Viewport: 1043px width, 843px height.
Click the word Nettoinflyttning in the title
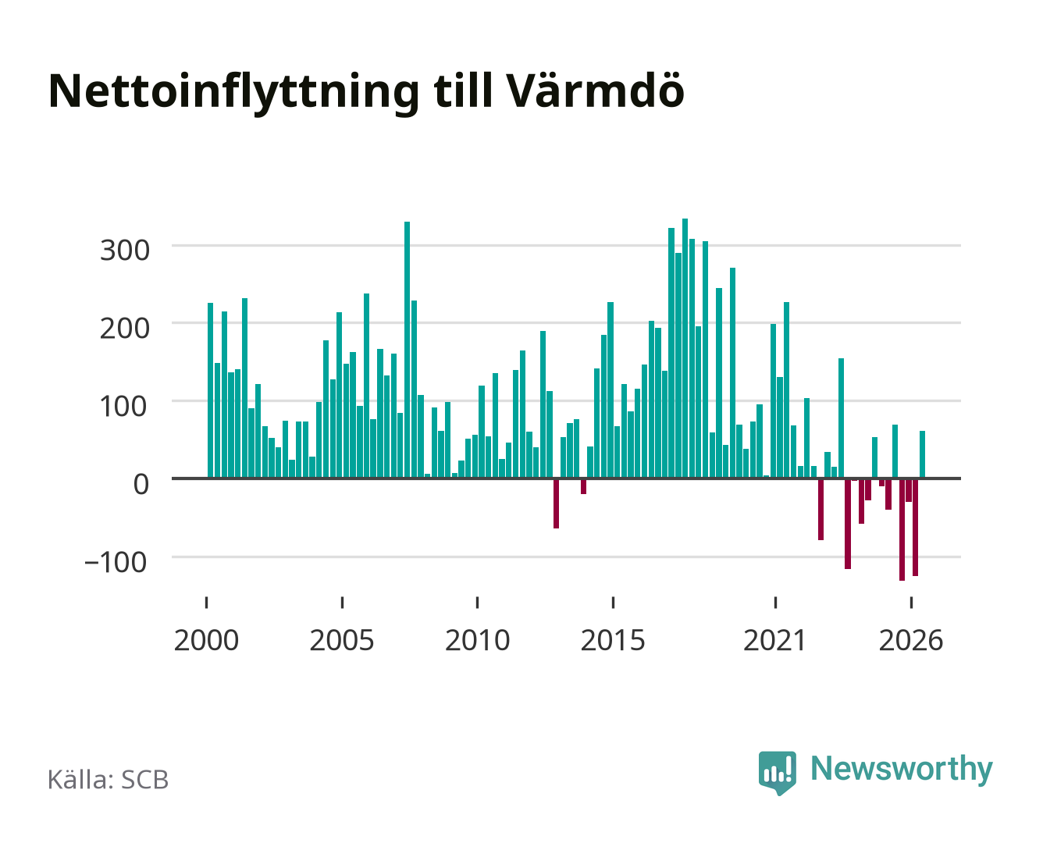pyautogui.click(x=233, y=93)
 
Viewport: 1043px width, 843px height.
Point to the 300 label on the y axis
pyautogui.click(x=124, y=251)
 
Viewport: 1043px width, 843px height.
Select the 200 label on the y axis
pyautogui.click(x=124, y=329)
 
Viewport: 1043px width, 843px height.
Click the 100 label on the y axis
pyautogui.click(x=123, y=407)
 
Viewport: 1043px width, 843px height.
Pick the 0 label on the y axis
pyautogui.click(x=141, y=484)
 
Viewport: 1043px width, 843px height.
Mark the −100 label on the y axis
pyautogui.click(x=116, y=562)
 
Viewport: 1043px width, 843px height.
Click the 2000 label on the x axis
pyautogui.click(x=206, y=640)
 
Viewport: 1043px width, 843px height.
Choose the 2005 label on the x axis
pyautogui.click(x=342, y=640)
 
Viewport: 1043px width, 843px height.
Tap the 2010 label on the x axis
pyautogui.click(x=478, y=640)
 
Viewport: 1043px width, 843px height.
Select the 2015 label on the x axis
pyautogui.click(x=613, y=640)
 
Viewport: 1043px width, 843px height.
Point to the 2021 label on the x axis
pyautogui.click(x=774, y=640)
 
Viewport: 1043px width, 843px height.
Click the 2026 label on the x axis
pyautogui.click(x=911, y=640)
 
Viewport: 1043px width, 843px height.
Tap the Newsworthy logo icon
pyautogui.click(x=777, y=773)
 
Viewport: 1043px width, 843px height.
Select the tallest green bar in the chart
pyautogui.click(x=685, y=348)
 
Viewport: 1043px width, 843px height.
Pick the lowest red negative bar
pyautogui.click(x=902, y=529)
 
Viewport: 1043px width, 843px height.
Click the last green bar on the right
pyautogui.click(x=922, y=454)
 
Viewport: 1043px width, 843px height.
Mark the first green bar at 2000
pyautogui.click(x=211, y=390)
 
